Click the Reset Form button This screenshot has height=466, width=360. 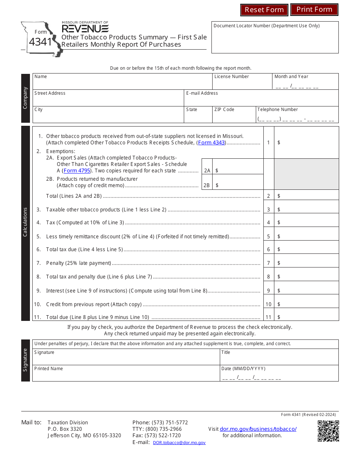264,10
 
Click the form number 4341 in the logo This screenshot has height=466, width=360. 40,42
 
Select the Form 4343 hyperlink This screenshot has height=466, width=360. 211,143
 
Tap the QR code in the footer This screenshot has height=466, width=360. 328,431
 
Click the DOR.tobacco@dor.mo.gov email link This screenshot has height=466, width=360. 179,443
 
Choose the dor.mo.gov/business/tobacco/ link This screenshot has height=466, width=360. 258,429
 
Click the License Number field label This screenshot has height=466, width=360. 232,77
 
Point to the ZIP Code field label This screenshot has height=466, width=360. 224,109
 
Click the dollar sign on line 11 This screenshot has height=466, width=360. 279,317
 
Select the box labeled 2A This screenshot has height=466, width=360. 207,170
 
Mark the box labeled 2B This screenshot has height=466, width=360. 207,185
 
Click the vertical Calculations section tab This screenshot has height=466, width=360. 25,222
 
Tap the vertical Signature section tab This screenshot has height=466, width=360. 25,360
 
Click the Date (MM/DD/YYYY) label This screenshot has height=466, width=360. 243,369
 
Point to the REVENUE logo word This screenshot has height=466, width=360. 85,29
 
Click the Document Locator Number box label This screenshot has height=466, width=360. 266,26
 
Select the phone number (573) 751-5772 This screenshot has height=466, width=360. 169,422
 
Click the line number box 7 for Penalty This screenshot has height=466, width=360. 268,263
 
